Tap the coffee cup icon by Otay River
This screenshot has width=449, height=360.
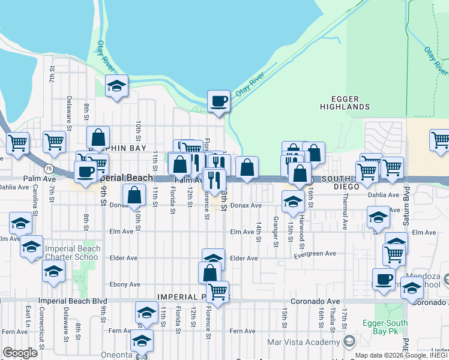click(218, 101)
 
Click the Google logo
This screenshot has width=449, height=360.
click(20, 353)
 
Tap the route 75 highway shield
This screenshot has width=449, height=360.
click(47, 170)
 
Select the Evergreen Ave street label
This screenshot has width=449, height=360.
click(315, 254)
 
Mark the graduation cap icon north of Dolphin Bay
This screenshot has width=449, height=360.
click(116, 86)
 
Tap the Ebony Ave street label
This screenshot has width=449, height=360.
click(125, 284)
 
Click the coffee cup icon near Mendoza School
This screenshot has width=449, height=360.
click(384, 279)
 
